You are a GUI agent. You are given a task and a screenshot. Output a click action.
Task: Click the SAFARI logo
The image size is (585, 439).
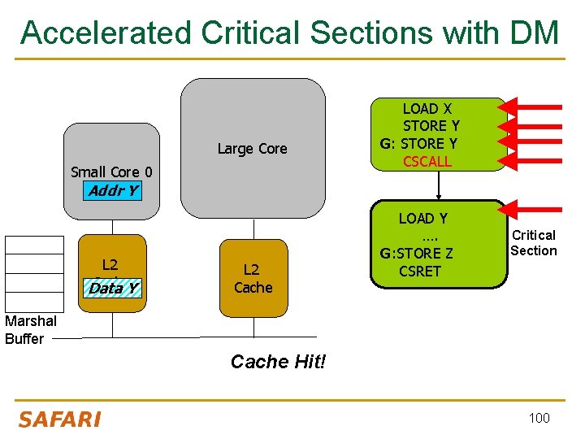pos(59,419)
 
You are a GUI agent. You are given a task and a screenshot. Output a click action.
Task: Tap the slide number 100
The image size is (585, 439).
pos(539,418)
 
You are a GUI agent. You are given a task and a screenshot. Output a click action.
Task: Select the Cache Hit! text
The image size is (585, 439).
pos(278,362)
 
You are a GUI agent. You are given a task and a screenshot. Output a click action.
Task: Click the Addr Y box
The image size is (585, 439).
pos(112,192)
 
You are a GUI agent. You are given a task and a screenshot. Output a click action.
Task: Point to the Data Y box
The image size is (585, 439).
pos(113,288)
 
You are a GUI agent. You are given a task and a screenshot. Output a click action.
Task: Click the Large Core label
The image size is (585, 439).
pos(252,148)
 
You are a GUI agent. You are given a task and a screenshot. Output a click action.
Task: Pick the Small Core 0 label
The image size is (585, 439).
pos(111,172)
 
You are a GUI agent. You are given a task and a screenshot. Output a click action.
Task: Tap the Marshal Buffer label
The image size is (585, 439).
pos(24,330)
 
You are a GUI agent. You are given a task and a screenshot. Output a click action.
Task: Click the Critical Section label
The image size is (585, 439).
pos(533,243)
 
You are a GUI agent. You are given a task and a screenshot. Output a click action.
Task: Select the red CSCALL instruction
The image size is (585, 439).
pos(427,161)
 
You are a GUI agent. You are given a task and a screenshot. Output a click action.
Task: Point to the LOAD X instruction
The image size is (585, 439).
pos(427,108)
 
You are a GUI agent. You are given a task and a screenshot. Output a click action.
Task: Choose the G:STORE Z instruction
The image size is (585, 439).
pos(417,254)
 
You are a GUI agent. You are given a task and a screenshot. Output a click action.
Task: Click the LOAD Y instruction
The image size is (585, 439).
pos(422,218)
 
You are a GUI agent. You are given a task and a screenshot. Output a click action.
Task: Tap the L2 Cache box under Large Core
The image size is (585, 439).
pos(253,278)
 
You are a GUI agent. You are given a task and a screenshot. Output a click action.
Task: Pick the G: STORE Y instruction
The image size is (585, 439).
pos(418,143)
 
